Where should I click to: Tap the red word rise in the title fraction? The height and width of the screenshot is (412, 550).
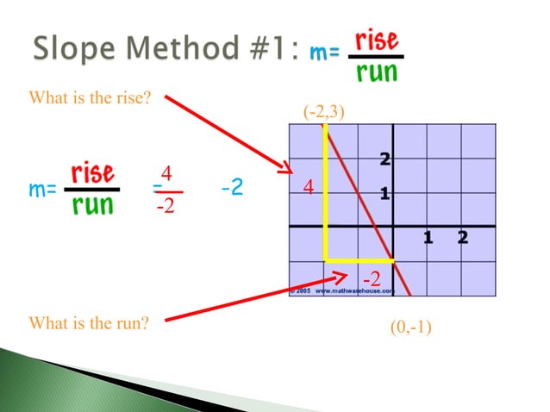(x=376, y=41)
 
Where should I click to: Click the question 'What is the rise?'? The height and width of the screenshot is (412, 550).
(x=90, y=99)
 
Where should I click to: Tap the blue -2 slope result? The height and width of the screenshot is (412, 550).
(x=231, y=187)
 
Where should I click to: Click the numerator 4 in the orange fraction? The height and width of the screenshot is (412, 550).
(x=167, y=174)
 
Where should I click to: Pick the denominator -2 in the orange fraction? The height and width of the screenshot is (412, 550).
(x=167, y=207)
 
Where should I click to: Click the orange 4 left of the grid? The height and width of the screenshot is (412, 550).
(x=306, y=187)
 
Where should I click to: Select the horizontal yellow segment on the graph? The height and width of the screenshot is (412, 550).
(x=359, y=259)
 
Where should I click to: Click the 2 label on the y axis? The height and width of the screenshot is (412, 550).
(x=384, y=159)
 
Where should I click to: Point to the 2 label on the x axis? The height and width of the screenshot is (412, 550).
(x=463, y=237)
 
